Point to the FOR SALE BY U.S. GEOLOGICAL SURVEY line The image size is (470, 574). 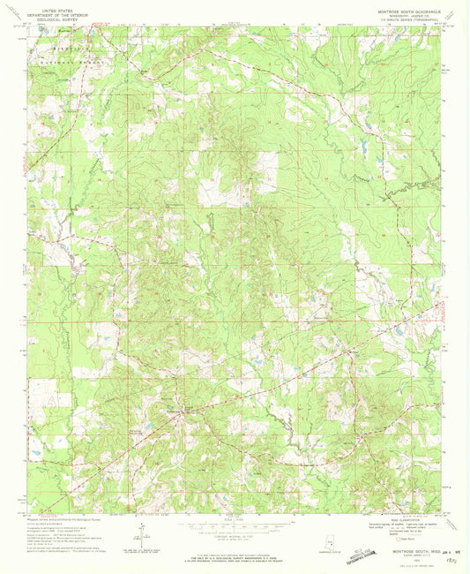[235, 552]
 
